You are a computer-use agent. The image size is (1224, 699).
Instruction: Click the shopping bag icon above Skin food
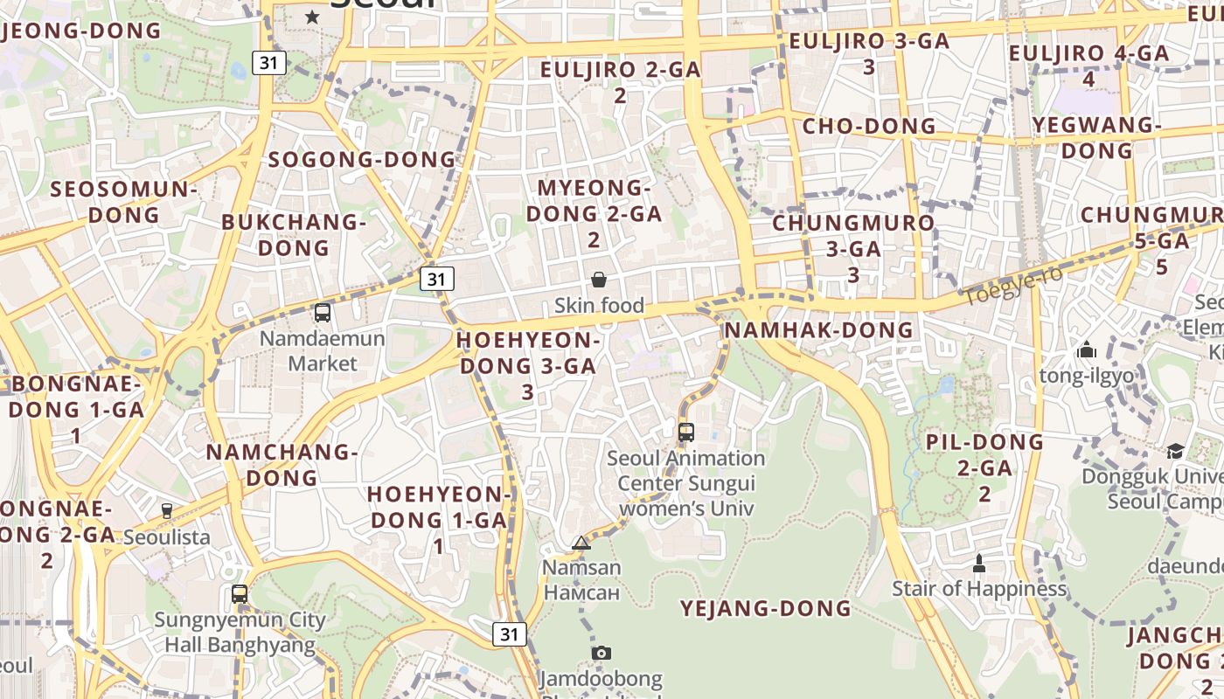pos(599,280)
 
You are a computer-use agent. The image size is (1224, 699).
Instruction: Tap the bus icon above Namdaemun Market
pos(323,312)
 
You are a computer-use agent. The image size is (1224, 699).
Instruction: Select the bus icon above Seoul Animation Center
pos(686,432)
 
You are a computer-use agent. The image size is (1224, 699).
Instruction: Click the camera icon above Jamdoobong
pos(601,653)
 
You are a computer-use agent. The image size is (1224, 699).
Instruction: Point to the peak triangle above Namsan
pos(581,543)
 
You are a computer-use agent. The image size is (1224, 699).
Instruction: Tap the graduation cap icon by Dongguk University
pos(1175,451)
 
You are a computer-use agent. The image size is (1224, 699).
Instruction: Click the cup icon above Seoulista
pos(167,511)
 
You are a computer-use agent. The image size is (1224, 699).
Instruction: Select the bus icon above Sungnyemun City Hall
pos(240,594)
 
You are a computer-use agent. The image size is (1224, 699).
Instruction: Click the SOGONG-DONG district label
pos(362,159)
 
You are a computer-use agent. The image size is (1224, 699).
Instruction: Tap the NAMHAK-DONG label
pos(818,329)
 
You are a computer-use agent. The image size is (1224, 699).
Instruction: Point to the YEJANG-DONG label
pos(766,608)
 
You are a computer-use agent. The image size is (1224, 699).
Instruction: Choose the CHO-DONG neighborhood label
pos(869,126)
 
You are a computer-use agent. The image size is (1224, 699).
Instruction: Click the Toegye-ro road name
pos(1013,287)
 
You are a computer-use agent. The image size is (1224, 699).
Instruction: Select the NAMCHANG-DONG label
pos(282,465)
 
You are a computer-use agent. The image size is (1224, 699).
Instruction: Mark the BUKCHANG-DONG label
pos(293,234)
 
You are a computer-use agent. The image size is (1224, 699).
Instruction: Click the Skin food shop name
pos(599,306)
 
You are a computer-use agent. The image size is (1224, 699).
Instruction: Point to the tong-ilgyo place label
pos(1087,376)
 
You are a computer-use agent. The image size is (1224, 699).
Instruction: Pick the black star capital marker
pos(312,17)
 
